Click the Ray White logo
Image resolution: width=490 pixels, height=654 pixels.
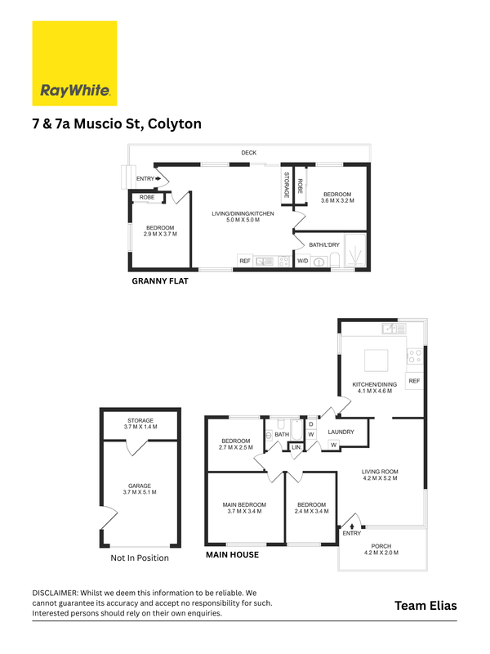coord(74,64)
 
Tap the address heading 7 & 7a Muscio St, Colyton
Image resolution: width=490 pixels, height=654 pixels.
coord(117,124)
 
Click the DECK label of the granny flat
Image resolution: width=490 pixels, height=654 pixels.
coord(249,153)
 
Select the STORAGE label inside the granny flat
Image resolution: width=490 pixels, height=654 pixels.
coord(287,185)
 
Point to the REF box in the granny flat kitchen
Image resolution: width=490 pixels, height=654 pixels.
coord(245,261)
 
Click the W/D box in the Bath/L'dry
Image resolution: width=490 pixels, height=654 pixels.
coord(302,261)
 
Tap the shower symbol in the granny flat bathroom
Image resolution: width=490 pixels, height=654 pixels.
coord(355,250)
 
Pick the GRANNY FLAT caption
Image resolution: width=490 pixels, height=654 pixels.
coord(160,281)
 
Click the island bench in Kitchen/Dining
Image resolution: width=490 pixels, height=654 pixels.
coord(376,361)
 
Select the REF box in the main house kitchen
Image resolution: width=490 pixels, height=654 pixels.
coord(414,381)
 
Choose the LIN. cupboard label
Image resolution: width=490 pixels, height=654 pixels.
coord(296,447)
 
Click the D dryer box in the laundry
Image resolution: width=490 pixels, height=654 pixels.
coord(311,424)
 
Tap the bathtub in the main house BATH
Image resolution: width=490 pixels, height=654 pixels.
coord(296,430)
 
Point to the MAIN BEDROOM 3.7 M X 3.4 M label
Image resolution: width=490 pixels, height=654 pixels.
coord(244,508)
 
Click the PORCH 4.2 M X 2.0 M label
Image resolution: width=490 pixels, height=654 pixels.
coord(381,549)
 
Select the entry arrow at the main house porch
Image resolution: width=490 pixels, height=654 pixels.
coord(352,526)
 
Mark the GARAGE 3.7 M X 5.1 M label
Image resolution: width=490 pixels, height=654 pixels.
coord(140,489)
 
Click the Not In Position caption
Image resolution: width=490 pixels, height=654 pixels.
coord(140,558)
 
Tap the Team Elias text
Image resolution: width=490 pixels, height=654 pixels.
coord(425,606)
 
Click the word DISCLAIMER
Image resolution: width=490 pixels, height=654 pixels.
coord(55,593)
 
